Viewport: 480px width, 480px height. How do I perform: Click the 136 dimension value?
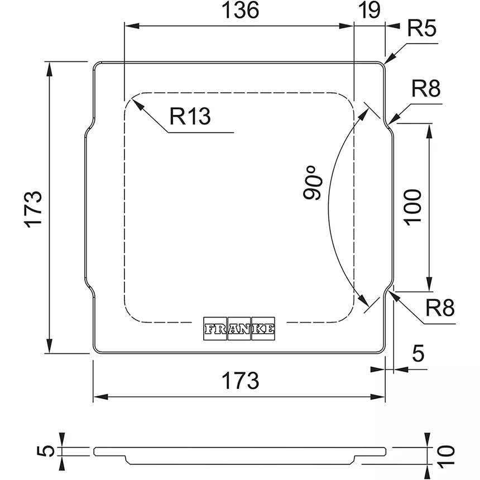point(242,11)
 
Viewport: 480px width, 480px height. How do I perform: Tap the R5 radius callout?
point(422,28)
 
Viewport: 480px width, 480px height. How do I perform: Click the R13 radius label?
point(190,116)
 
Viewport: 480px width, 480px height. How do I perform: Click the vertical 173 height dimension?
point(33,208)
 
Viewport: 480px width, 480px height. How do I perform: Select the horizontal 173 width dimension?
point(241,381)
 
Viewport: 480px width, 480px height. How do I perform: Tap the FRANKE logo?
point(239,329)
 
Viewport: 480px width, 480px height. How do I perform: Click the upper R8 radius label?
point(426,89)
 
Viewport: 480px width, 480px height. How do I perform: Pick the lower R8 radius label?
point(439,308)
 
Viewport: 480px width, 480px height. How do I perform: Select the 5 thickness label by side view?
point(48,450)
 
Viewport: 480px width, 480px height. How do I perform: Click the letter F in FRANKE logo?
point(209,329)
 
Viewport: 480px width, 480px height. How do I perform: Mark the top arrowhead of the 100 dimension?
point(429,124)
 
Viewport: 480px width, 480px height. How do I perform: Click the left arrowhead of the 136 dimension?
point(125,26)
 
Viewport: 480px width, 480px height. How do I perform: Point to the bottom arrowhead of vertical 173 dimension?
point(50,352)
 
